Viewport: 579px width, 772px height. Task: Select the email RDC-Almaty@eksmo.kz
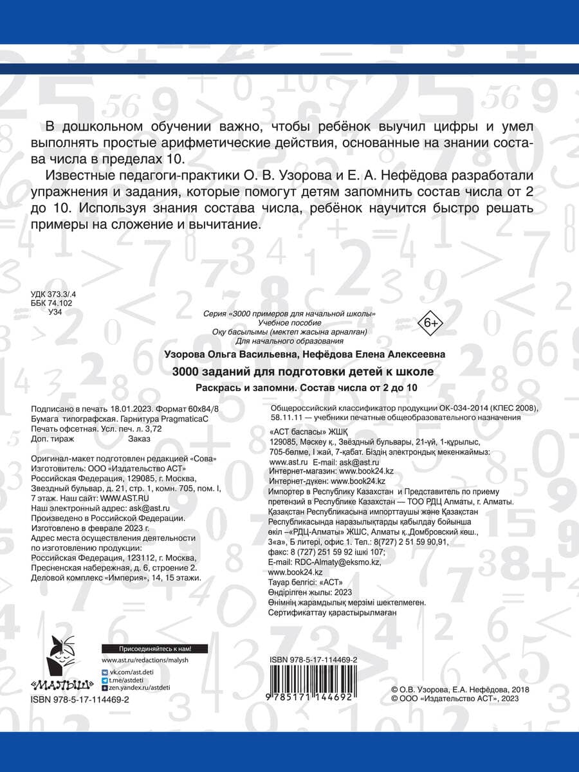(x=333, y=562)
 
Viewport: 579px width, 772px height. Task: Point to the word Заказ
(x=140, y=439)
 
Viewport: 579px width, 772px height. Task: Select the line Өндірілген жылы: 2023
(x=309, y=591)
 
